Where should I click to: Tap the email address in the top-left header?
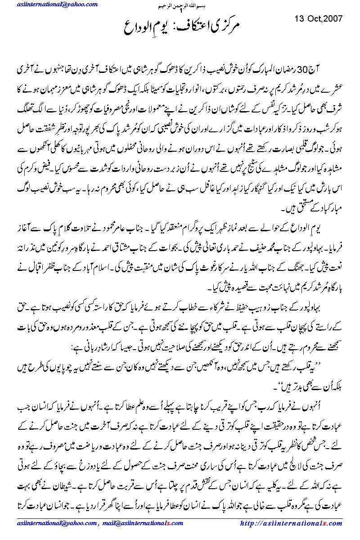(49, 4)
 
